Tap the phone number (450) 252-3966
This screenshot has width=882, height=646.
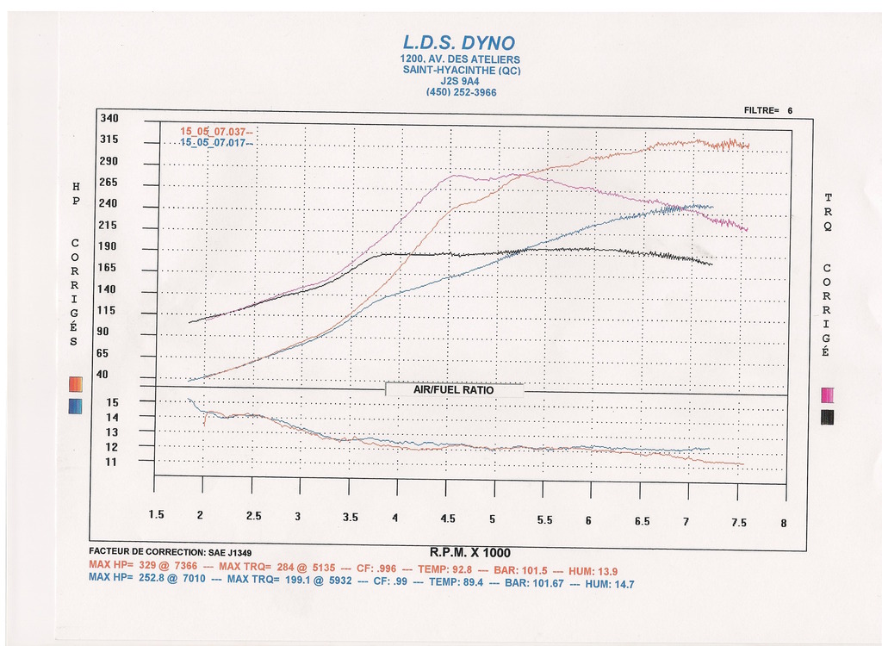[461, 92]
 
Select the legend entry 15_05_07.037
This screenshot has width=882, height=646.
[214, 131]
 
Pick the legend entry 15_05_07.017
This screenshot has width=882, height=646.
[214, 142]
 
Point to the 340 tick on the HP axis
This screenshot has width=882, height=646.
[109, 117]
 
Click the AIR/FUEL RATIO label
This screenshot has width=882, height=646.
[454, 389]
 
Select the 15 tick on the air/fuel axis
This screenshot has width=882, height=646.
[112, 402]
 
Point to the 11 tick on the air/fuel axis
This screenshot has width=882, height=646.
[112, 462]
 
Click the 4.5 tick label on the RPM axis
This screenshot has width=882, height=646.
[448, 519]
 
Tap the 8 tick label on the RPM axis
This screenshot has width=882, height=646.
[784, 522]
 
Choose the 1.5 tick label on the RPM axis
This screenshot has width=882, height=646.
[156, 515]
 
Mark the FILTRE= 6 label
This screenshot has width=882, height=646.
[767, 110]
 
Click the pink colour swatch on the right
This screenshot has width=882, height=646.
[828, 395]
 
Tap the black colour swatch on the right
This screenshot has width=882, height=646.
[828, 418]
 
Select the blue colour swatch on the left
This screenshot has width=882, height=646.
[75, 406]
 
